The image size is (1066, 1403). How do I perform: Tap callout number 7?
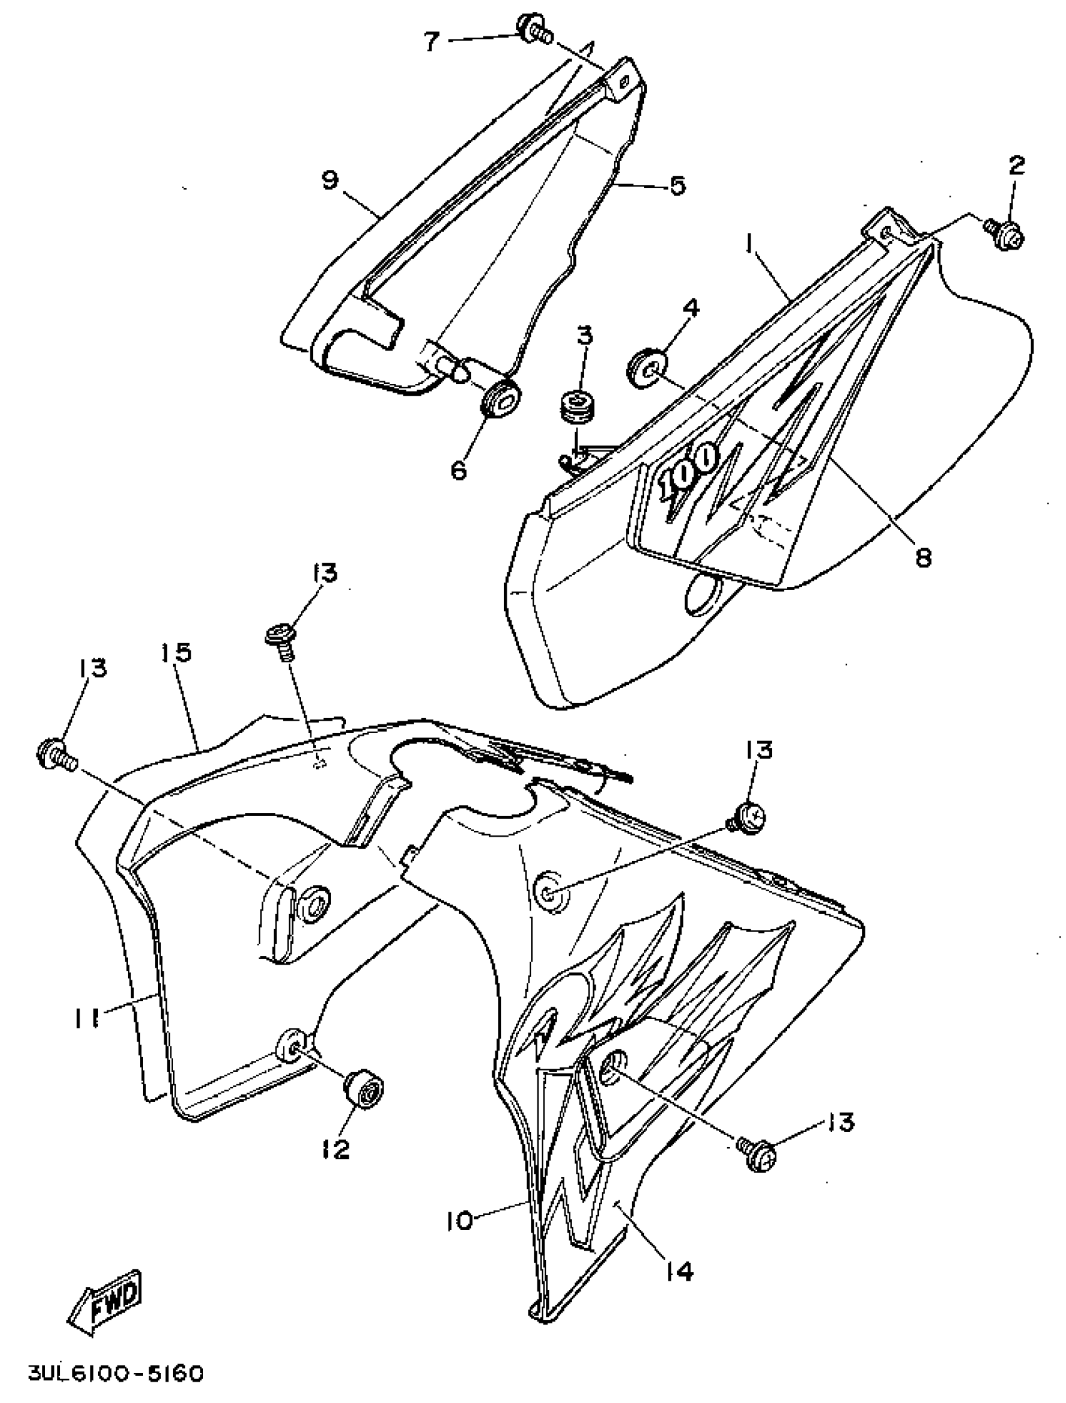[x=431, y=43]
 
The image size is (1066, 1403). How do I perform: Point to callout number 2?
[x=1016, y=166]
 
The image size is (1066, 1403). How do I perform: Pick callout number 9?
[x=329, y=180]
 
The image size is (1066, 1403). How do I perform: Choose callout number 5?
[x=678, y=186]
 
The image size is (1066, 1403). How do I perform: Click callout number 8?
[x=923, y=557]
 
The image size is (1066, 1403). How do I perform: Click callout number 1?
[x=750, y=244]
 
